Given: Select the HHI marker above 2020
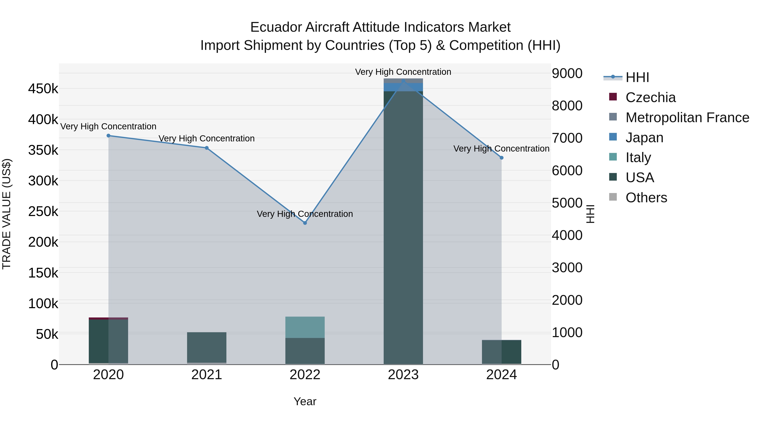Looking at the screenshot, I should pyautogui.click(x=108, y=135).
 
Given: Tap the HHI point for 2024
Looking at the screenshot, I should pyautogui.click(x=501, y=158).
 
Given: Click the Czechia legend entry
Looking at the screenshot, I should pyautogui.click(x=650, y=97).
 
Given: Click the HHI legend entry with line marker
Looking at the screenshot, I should pyautogui.click(x=637, y=77).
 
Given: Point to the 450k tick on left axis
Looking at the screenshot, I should pyautogui.click(x=43, y=89).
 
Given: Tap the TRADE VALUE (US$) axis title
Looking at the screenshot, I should pyautogui.click(x=7, y=214).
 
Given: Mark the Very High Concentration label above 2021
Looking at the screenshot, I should pyautogui.click(x=207, y=138).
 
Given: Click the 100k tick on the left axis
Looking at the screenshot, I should pyautogui.click(x=43, y=304).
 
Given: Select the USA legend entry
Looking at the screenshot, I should pyautogui.click(x=640, y=178).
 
